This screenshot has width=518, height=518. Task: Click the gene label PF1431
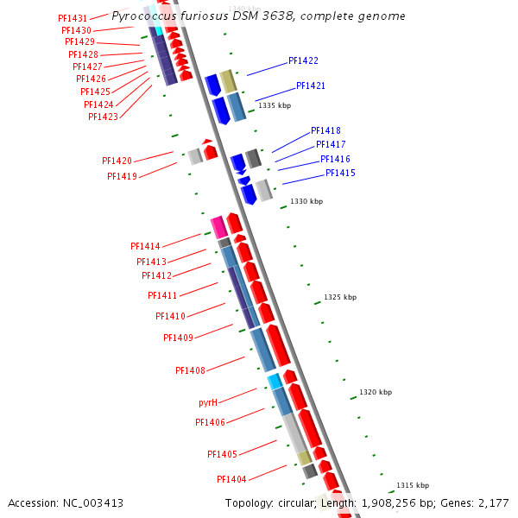73,18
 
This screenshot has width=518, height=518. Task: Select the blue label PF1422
303,61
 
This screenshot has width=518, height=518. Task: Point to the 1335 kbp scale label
275,105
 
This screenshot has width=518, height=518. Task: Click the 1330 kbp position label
306,201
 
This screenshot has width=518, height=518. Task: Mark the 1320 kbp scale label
376,392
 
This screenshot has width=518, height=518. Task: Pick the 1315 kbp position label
413,485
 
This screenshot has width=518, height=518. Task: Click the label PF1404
231,479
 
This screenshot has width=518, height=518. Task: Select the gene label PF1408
190,370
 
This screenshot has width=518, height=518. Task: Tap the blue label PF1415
340,174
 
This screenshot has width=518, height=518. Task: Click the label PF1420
117,161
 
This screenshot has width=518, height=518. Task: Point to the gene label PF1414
145,246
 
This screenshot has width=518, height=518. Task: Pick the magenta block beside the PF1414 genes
218,227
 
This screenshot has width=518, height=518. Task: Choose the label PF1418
325,130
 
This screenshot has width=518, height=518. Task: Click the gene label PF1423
104,117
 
